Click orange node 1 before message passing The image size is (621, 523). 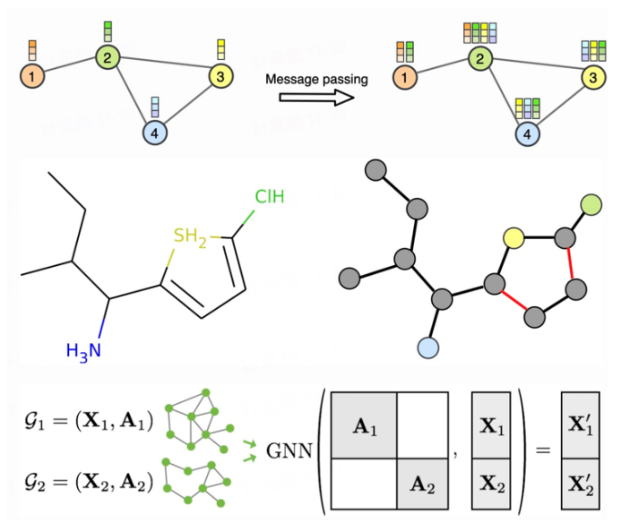(32, 78)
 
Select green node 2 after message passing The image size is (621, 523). (480, 60)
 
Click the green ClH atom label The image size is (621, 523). (269, 196)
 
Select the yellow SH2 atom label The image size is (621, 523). (192, 236)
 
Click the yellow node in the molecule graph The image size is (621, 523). (513, 237)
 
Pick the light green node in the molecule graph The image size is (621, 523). (591, 205)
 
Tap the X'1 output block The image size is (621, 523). (580, 426)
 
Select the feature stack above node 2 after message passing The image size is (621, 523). (480, 33)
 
